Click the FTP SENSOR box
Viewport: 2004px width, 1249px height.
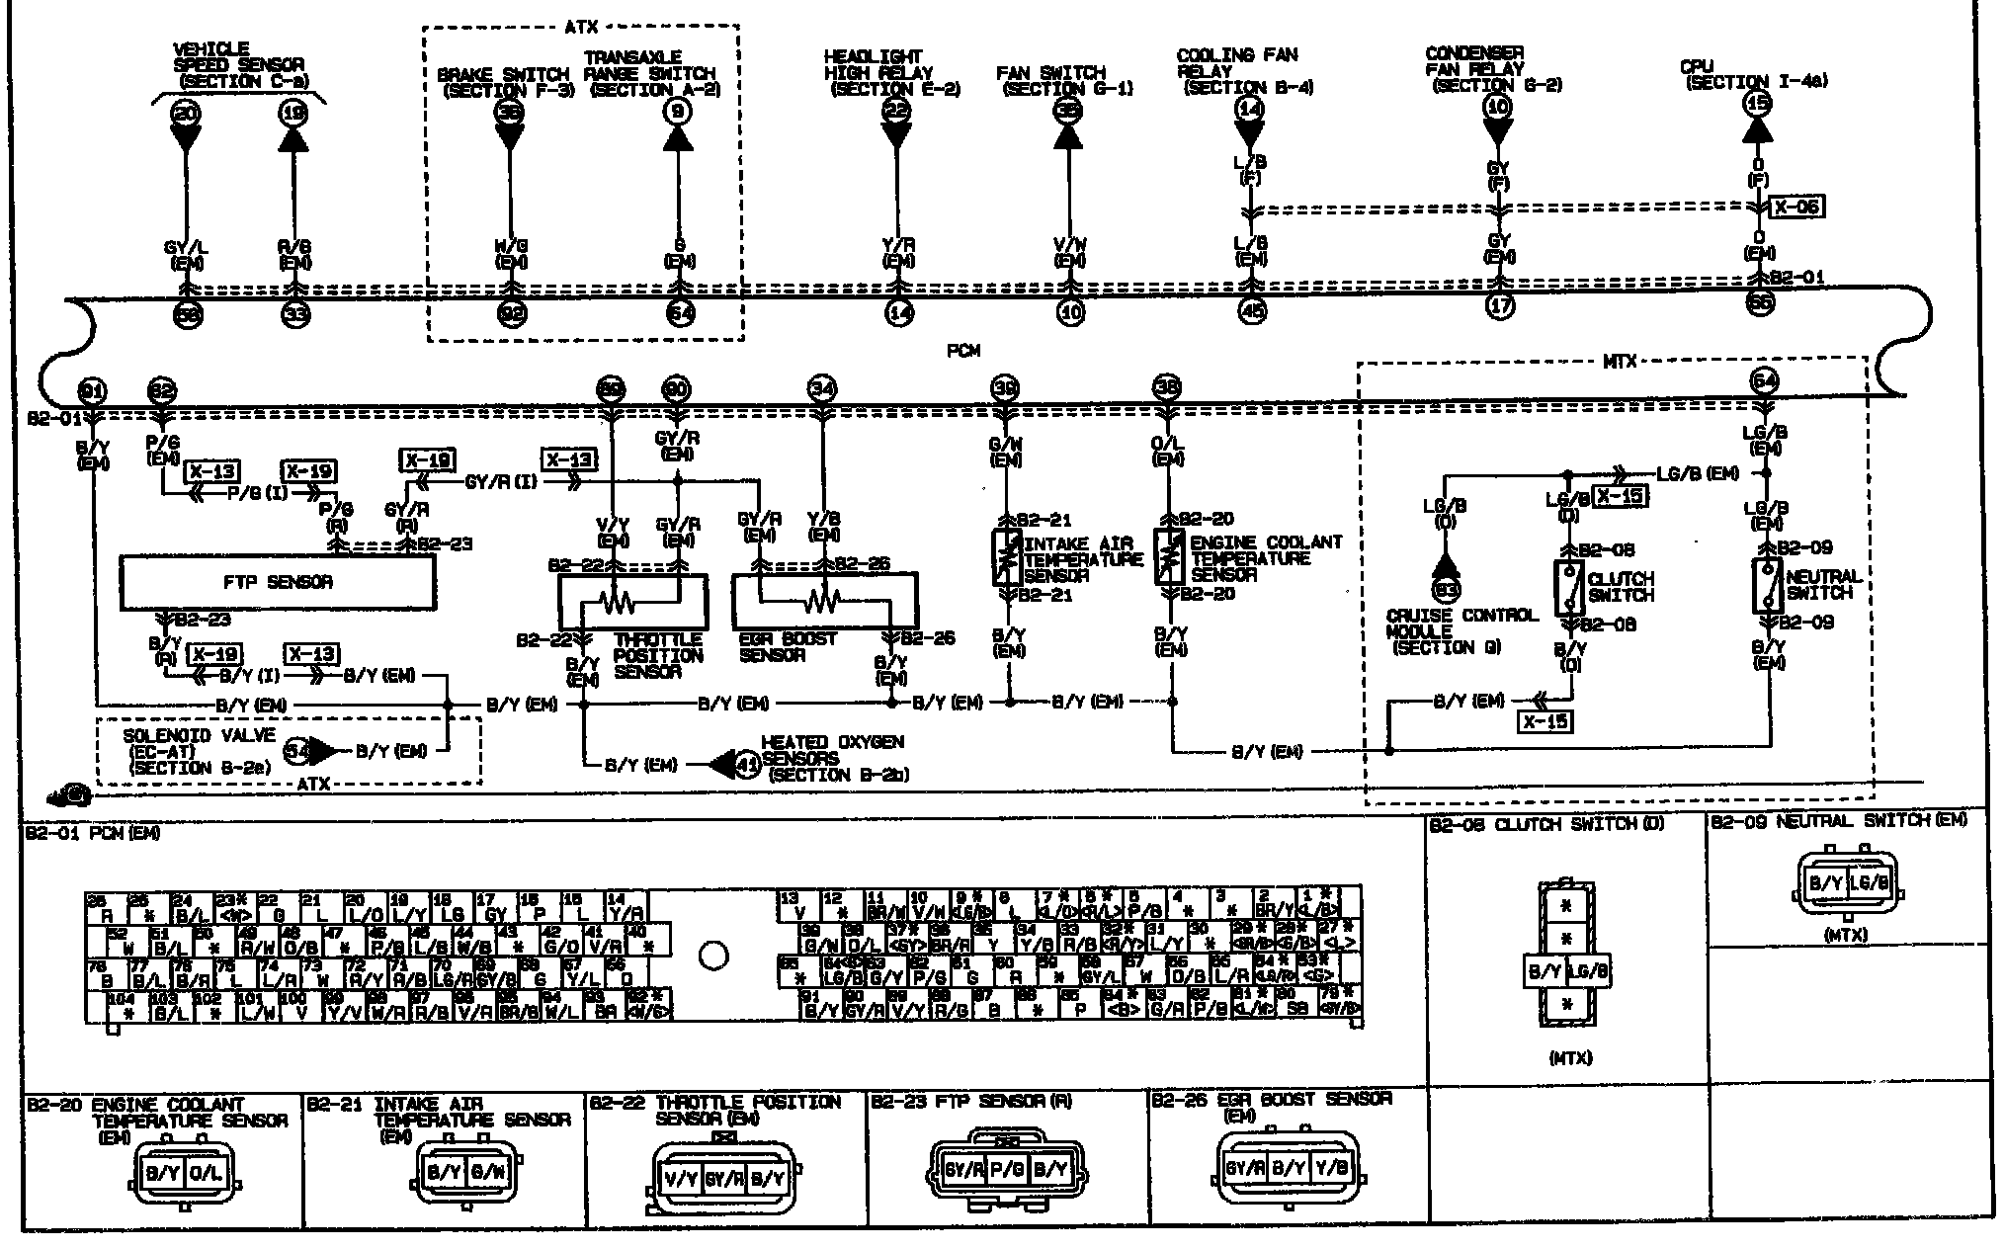(277, 582)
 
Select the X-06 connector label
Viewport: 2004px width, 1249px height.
(1795, 207)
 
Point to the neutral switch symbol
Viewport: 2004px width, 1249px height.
(1767, 585)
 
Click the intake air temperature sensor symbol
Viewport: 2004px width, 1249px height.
(1006, 558)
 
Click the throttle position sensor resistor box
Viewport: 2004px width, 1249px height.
(632, 601)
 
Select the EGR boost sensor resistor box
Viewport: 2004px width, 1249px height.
(823, 601)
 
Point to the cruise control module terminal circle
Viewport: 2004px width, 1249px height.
(1446, 590)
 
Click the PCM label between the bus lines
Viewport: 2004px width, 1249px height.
(962, 351)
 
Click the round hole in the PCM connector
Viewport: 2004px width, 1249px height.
(712, 956)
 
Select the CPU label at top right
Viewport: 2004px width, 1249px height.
(1696, 67)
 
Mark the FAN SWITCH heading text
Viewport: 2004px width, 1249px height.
(1050, 72)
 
